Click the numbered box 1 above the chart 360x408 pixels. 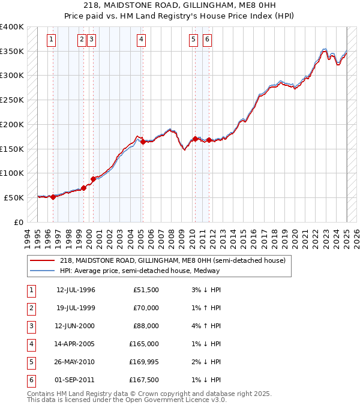point(52,40)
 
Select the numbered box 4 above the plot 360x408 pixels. point(141,40)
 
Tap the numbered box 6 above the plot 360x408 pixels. point(207,40)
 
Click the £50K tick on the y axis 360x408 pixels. point(14,197)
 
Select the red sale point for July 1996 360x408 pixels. point(53,197)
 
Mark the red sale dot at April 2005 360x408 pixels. point(143,142)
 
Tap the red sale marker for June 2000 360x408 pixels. point(93,179)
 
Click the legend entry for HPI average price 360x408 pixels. point(140,271)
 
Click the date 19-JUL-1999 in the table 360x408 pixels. point(76,308)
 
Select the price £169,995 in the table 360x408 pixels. point(144,362)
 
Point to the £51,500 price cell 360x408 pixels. point(146,290)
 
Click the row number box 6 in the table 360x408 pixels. point(31,380)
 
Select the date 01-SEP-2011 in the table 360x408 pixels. point(76,380)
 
